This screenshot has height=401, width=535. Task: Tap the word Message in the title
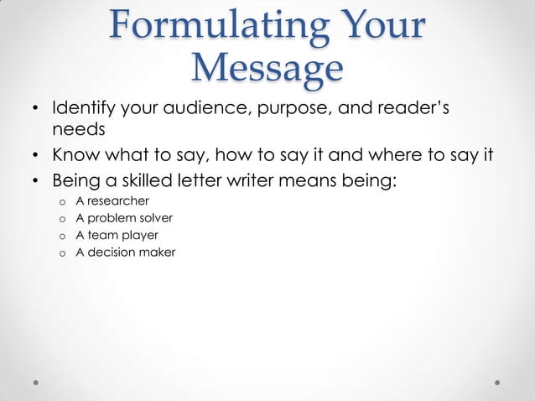click(267, 68)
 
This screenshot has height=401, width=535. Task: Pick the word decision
click(112, 252)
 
